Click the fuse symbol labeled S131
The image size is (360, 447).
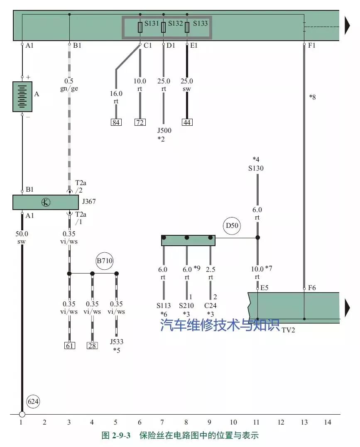[x=140, y=27]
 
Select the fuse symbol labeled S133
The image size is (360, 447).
[x=187, y=27]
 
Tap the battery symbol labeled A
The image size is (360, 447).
[x=22, y=97]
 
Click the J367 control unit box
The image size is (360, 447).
[x=46, y=203]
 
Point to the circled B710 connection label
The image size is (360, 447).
[x=105, y=261]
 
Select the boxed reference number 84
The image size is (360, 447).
[x=116, y=122]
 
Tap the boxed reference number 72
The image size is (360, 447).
[x=140, y=122]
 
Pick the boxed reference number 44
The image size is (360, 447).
[x=187, y=122]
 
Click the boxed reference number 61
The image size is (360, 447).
[x=69, y=345]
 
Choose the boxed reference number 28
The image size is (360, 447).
[x=92, y=345]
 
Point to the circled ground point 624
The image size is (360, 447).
[x=33, y=402]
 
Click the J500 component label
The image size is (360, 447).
[x=164, y=131]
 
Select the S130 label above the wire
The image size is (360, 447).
[x=256, y=169]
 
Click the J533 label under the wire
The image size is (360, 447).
[x=117, y=342]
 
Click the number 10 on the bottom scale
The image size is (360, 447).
[x=233, y=423]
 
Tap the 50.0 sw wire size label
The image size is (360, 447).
[x=22, y=237]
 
